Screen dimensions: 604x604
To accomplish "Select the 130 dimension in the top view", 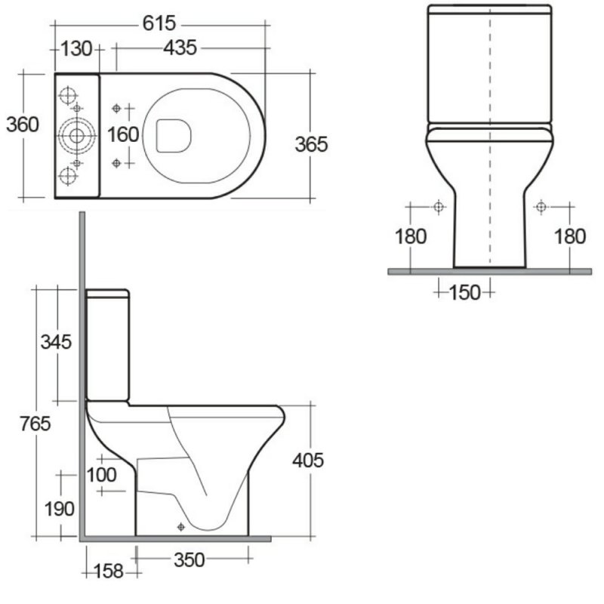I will (75, 49).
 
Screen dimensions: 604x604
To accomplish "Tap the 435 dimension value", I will (180, 48).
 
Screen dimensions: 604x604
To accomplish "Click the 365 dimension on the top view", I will (311, 143).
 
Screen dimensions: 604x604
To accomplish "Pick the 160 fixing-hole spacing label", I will (123, 135).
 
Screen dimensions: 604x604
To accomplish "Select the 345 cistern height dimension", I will (56, 341).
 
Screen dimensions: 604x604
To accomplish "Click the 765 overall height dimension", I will (35, 424).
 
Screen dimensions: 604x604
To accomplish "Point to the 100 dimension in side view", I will (101, 474).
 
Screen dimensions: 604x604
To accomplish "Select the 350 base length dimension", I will (189, 559).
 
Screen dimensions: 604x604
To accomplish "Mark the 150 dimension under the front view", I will (465, 291).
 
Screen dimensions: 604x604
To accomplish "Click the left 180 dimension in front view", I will (411, 236).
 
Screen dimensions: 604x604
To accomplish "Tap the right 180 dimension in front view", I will (570, 236).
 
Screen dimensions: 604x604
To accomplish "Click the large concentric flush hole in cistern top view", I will (76, 136).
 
